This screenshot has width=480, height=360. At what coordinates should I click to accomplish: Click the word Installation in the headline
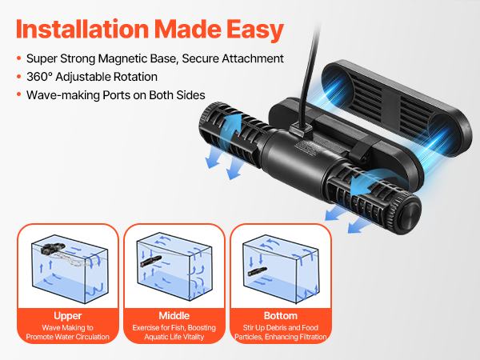82,30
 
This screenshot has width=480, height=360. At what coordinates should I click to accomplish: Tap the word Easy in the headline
255,30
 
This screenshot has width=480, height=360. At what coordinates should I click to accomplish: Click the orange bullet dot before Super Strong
19,58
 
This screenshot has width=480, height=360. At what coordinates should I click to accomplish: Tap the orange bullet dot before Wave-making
19,94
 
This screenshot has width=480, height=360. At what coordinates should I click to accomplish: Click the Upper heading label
68,316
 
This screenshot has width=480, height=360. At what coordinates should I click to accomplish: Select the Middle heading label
174,315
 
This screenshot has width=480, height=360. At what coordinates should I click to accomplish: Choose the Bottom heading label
281,315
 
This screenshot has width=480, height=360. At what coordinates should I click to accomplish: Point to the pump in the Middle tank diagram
150,261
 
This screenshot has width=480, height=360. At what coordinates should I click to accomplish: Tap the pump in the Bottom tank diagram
258,271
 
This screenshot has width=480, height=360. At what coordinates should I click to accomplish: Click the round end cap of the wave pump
410,214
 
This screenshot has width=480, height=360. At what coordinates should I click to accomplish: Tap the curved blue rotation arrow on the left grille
232,125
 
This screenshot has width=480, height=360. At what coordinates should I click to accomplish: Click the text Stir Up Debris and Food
281,328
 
